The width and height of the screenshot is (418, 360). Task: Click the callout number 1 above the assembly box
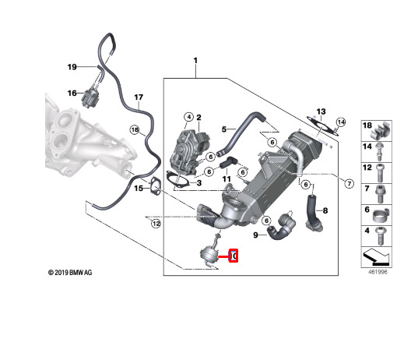[x=195, y=61]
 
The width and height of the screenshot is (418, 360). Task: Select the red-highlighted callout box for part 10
[x=234, y=256]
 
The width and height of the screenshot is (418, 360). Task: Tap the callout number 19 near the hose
[x=72, y=67]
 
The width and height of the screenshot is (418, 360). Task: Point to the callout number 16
[x=72, y=94]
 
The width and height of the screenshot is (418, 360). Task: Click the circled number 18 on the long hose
[x=135, y=130]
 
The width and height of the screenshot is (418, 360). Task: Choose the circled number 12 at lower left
[x=156, y=224]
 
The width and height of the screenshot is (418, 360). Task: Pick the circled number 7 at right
[x=350, y=183]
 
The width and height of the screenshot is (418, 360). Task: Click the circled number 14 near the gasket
[x=341, y=122]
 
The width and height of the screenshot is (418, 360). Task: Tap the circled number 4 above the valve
[x=188, y=117]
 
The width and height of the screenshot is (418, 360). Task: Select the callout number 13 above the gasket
[x=321, y=111]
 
